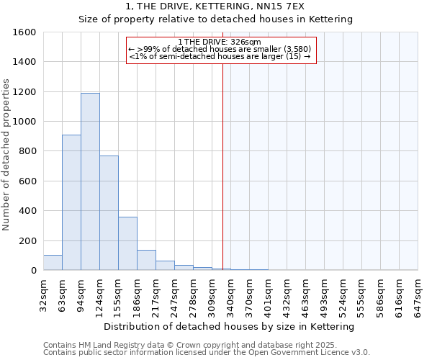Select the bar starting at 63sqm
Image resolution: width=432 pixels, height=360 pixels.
tap(71, 202)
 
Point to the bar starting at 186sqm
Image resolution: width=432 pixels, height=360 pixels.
tap(146, 260)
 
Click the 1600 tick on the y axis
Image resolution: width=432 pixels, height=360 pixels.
tap(24, 32)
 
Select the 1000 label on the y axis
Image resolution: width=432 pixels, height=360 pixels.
tap(24, 122)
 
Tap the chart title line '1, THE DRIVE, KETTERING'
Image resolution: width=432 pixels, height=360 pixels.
tap(215, 6)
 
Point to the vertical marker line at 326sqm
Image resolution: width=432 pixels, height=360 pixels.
tap(222, 166)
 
